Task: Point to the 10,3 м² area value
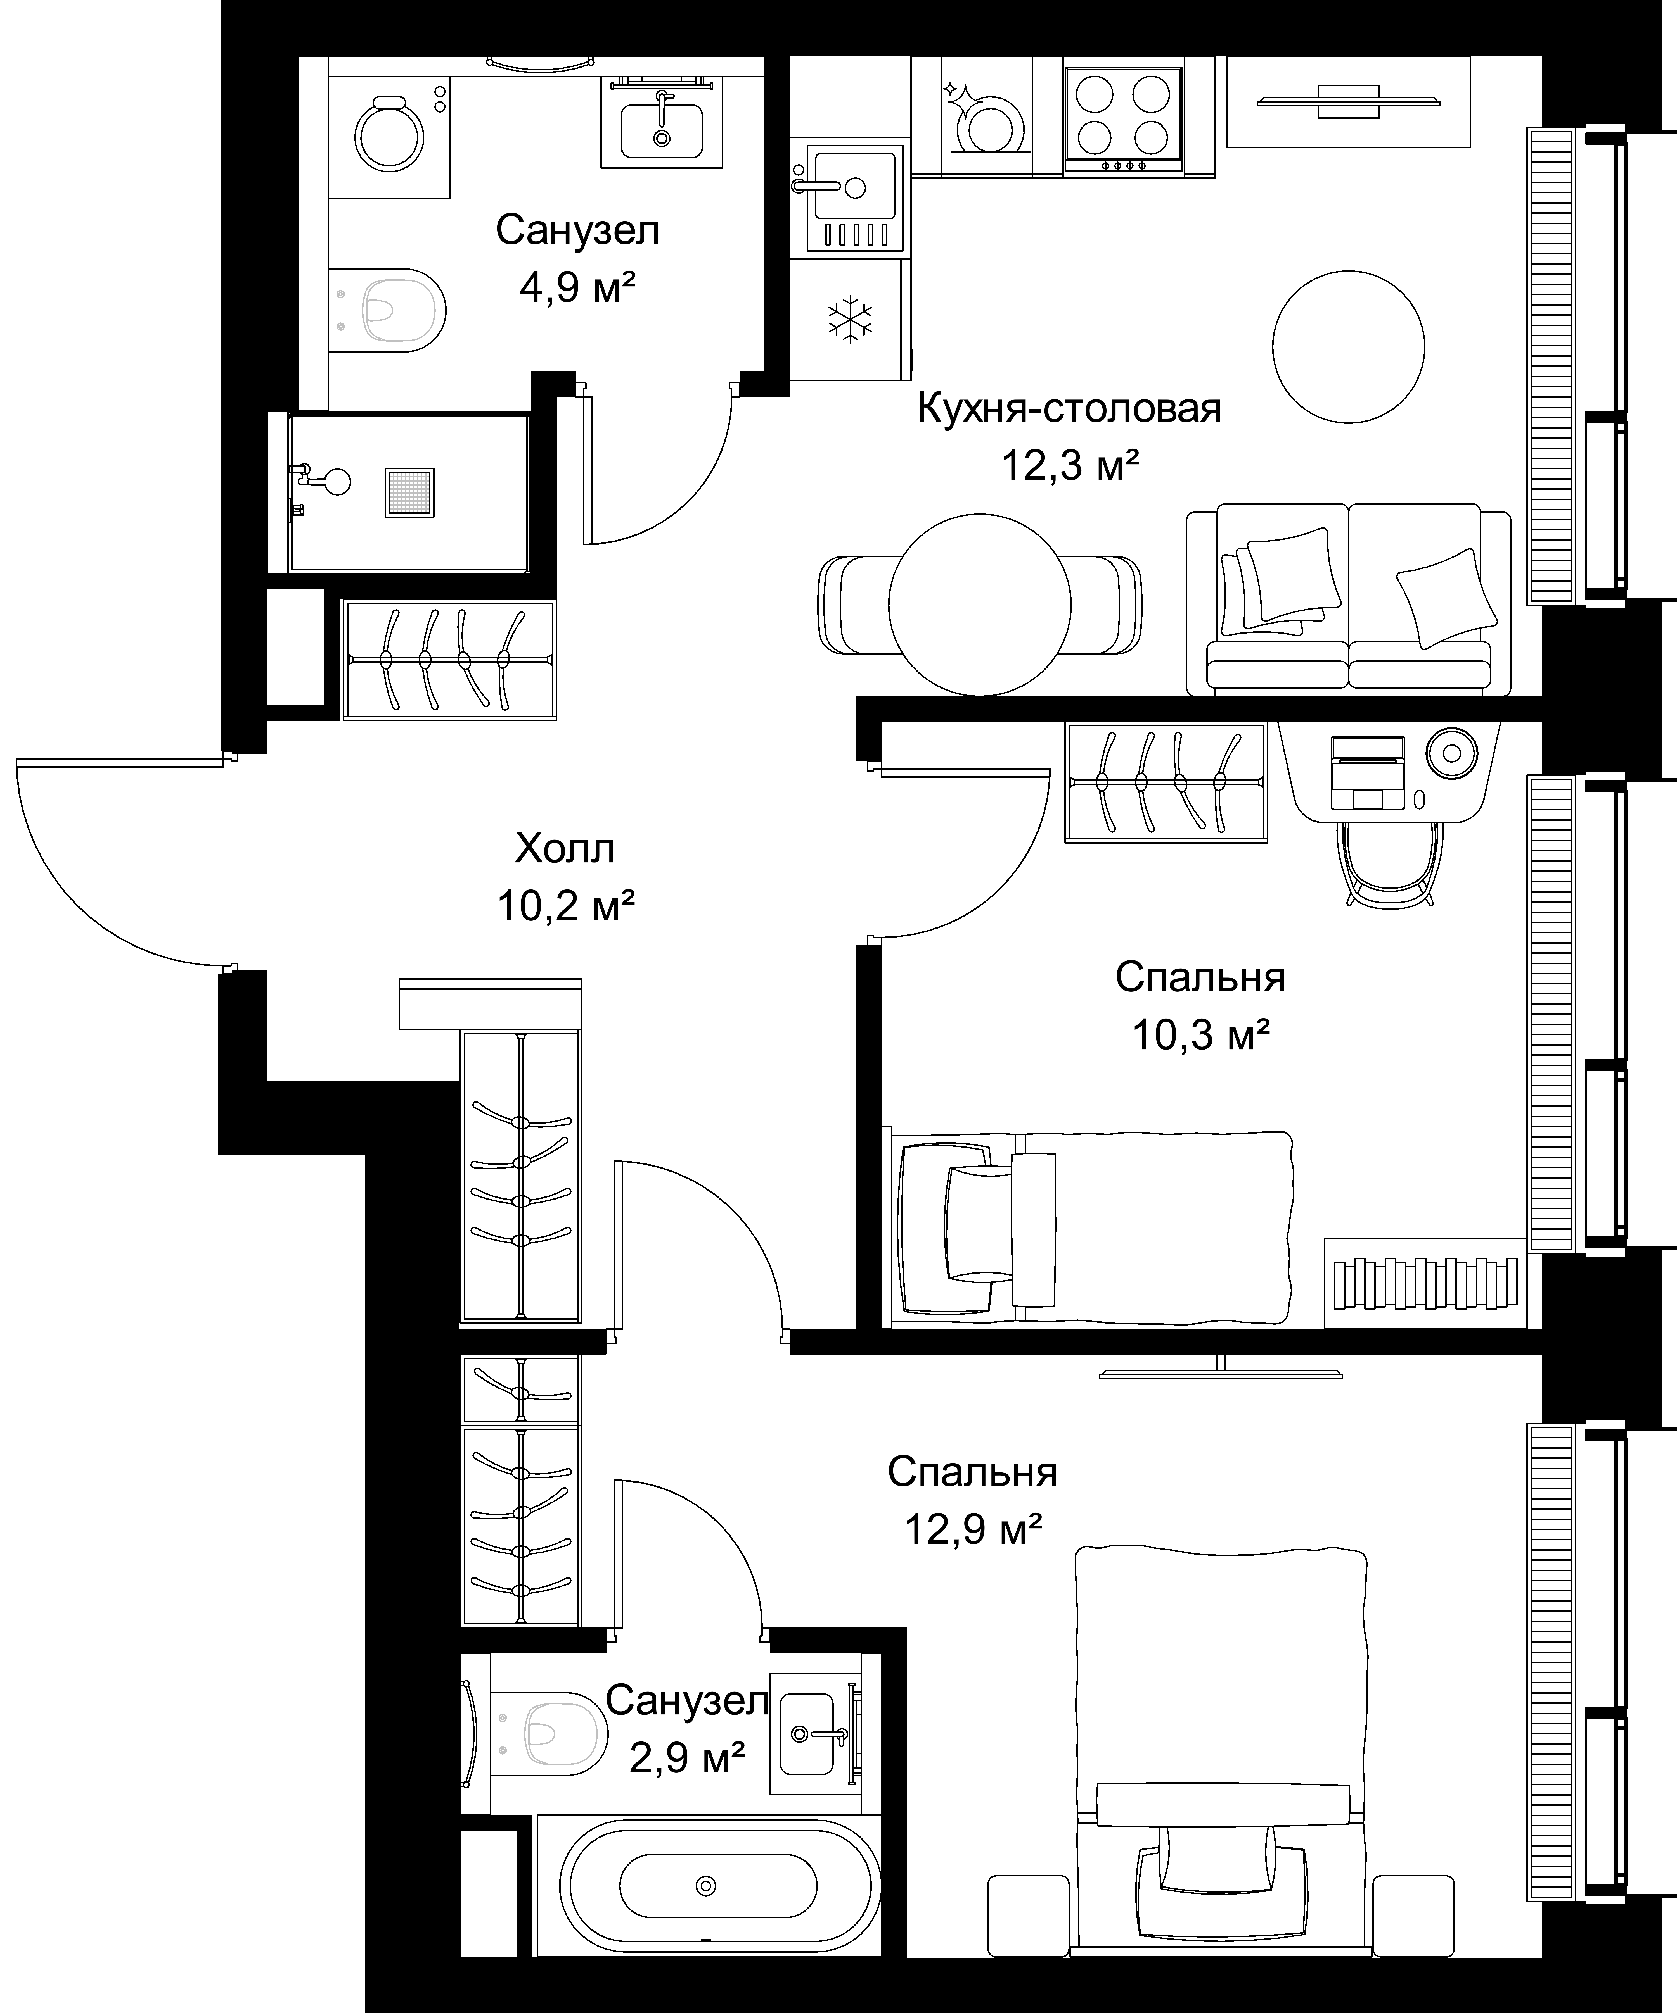[x=1201, y=1035]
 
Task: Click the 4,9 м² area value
[x=578, y=287]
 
